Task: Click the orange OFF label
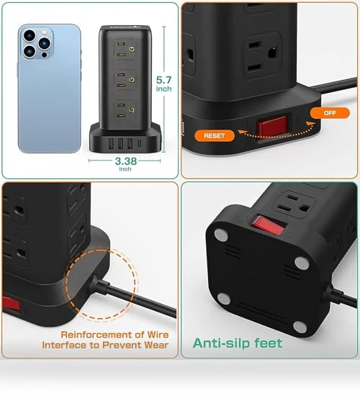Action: pyautogui.click(x=330, y=113)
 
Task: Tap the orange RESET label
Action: pyautogui.click(x=215, y=136)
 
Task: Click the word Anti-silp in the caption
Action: pyautogui.click(x=217, y=343)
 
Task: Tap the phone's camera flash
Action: pyautogui.click(x=45, y=32)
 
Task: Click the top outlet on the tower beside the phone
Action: pyautogui.click(x=126, y=49)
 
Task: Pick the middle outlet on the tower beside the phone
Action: pyautogui.click(x=126, y=80)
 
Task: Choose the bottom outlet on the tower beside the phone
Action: pyautogui.click(x=126, y=110)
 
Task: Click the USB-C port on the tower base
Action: pyautogui.click(x=140, y=143)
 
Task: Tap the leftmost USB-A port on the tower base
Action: pyautogui.click(x=111, y=143)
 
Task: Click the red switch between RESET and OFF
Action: pyautogui.click(x=272, y=125)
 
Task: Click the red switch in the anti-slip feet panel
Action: pyautogui.click(x=269, y=225)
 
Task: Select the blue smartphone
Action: pyautogui.click(x=49, y=89)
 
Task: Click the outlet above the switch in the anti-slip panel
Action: pyautogui.click(x=294, y=204)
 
